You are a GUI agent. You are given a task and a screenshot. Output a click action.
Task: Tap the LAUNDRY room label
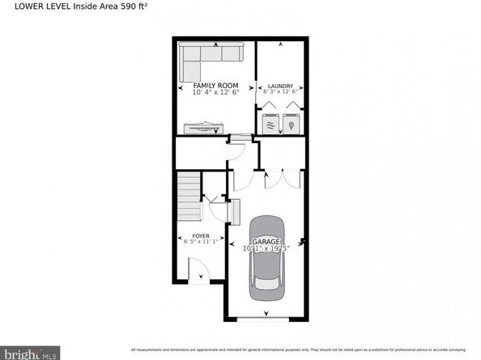coord(280,86)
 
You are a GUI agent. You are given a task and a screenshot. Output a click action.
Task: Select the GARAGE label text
coord(266,241)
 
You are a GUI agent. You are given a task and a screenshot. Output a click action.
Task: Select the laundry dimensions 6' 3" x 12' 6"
coord(280,92)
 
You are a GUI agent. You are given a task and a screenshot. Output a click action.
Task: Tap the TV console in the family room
coord(202,127)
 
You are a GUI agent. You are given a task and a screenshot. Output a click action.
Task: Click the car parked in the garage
coord(266,253)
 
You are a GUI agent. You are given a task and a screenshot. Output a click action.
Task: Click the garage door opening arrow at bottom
coord(266,312)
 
